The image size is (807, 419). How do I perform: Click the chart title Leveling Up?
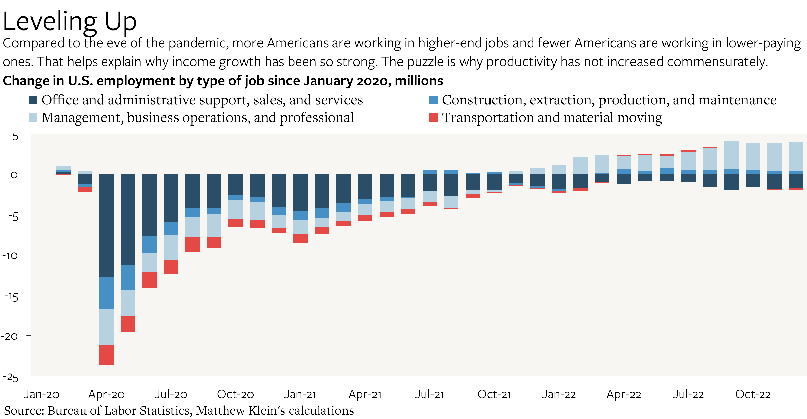tap(70, 21)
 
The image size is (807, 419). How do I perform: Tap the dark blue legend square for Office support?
tap(33, 100)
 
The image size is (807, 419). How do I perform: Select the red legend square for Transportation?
tap(433, 118)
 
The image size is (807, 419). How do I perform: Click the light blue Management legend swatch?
tap(33, 118)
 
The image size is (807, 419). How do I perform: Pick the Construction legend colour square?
tap(433, 100)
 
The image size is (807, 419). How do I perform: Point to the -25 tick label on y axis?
tap(11, 377)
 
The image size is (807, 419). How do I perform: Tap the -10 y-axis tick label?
tap(10, 256)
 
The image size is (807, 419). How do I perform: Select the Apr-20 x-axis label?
tap(106, 394)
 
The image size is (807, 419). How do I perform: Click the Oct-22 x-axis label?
tap(753, 394)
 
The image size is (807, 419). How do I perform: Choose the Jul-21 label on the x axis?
tap(429, 394)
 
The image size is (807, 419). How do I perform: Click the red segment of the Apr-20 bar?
tap(106, 355)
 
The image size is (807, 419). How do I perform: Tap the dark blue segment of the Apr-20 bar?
tap(106, 225)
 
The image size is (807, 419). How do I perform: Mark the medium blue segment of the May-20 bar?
tap(128, 278)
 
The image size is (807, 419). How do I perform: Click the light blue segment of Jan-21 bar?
tap(300, 227)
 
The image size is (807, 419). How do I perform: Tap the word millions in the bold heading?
tap(419, 81)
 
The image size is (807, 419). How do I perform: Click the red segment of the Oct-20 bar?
tap(236, 223)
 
